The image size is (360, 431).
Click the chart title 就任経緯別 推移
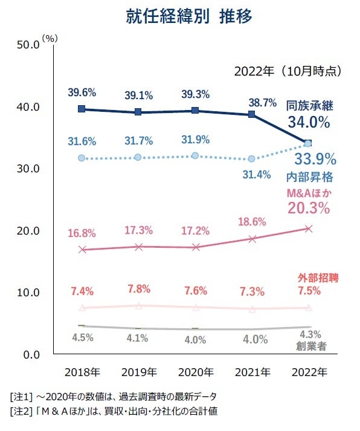pos(180,16)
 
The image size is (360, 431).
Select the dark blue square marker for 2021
pos(252,114)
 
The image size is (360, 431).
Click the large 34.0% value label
pos(308,123)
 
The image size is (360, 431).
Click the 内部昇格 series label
pos(310,178)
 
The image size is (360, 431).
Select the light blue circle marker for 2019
pos(138,157)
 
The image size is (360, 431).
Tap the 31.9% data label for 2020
pos(195,140)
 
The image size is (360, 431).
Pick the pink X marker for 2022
pos(308,228)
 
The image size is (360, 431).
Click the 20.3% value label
pos(308,209)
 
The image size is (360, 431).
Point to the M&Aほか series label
pos(309,193)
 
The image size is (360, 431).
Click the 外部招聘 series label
pos(318,278)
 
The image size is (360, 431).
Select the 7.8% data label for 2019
pos(138,288)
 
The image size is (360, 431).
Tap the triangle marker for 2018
pos(82,308)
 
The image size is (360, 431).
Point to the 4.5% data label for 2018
pos(82,337)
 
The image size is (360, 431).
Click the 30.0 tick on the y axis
pos(28,169)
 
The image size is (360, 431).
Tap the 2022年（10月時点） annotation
pos(288,71)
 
